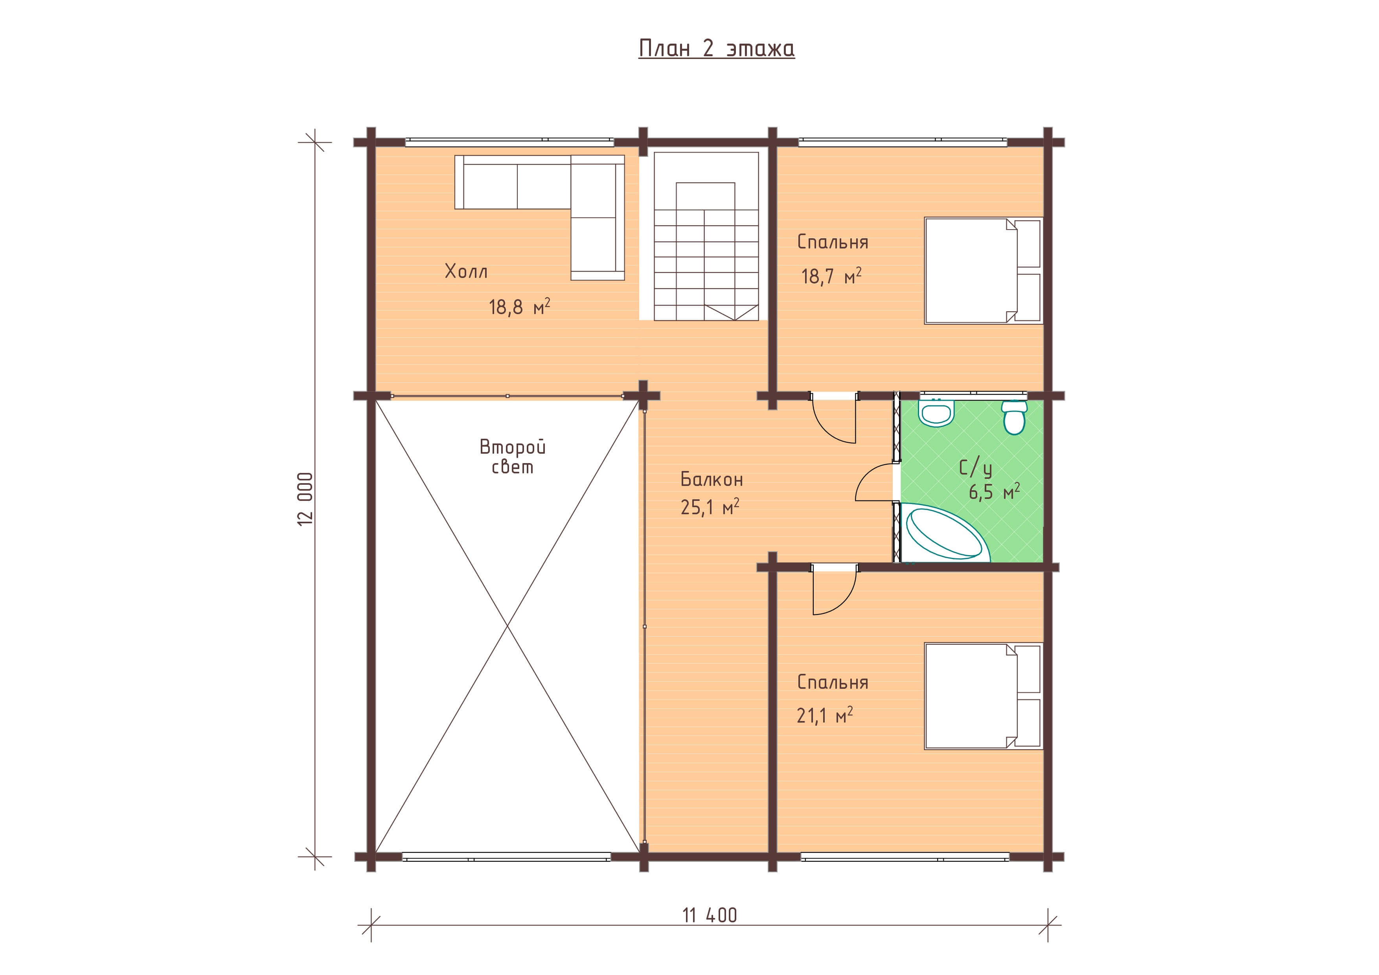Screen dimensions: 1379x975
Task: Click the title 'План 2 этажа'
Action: (717, 48)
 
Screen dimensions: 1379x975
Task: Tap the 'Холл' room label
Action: (466, 272)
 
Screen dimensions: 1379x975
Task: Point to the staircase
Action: (706, 236)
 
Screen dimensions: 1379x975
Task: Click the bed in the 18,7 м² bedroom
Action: (983, 271)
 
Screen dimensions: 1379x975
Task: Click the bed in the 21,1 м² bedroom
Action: (983, 696)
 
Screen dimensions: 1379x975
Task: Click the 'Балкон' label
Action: (712, 479)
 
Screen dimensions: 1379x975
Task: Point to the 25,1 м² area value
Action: (710, 508)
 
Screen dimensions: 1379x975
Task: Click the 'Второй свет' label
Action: (512, 456)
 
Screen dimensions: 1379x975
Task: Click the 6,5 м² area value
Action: (994, 492)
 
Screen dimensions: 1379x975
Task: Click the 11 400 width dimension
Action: (709, 915)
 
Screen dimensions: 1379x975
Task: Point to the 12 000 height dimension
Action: (305, 499)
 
